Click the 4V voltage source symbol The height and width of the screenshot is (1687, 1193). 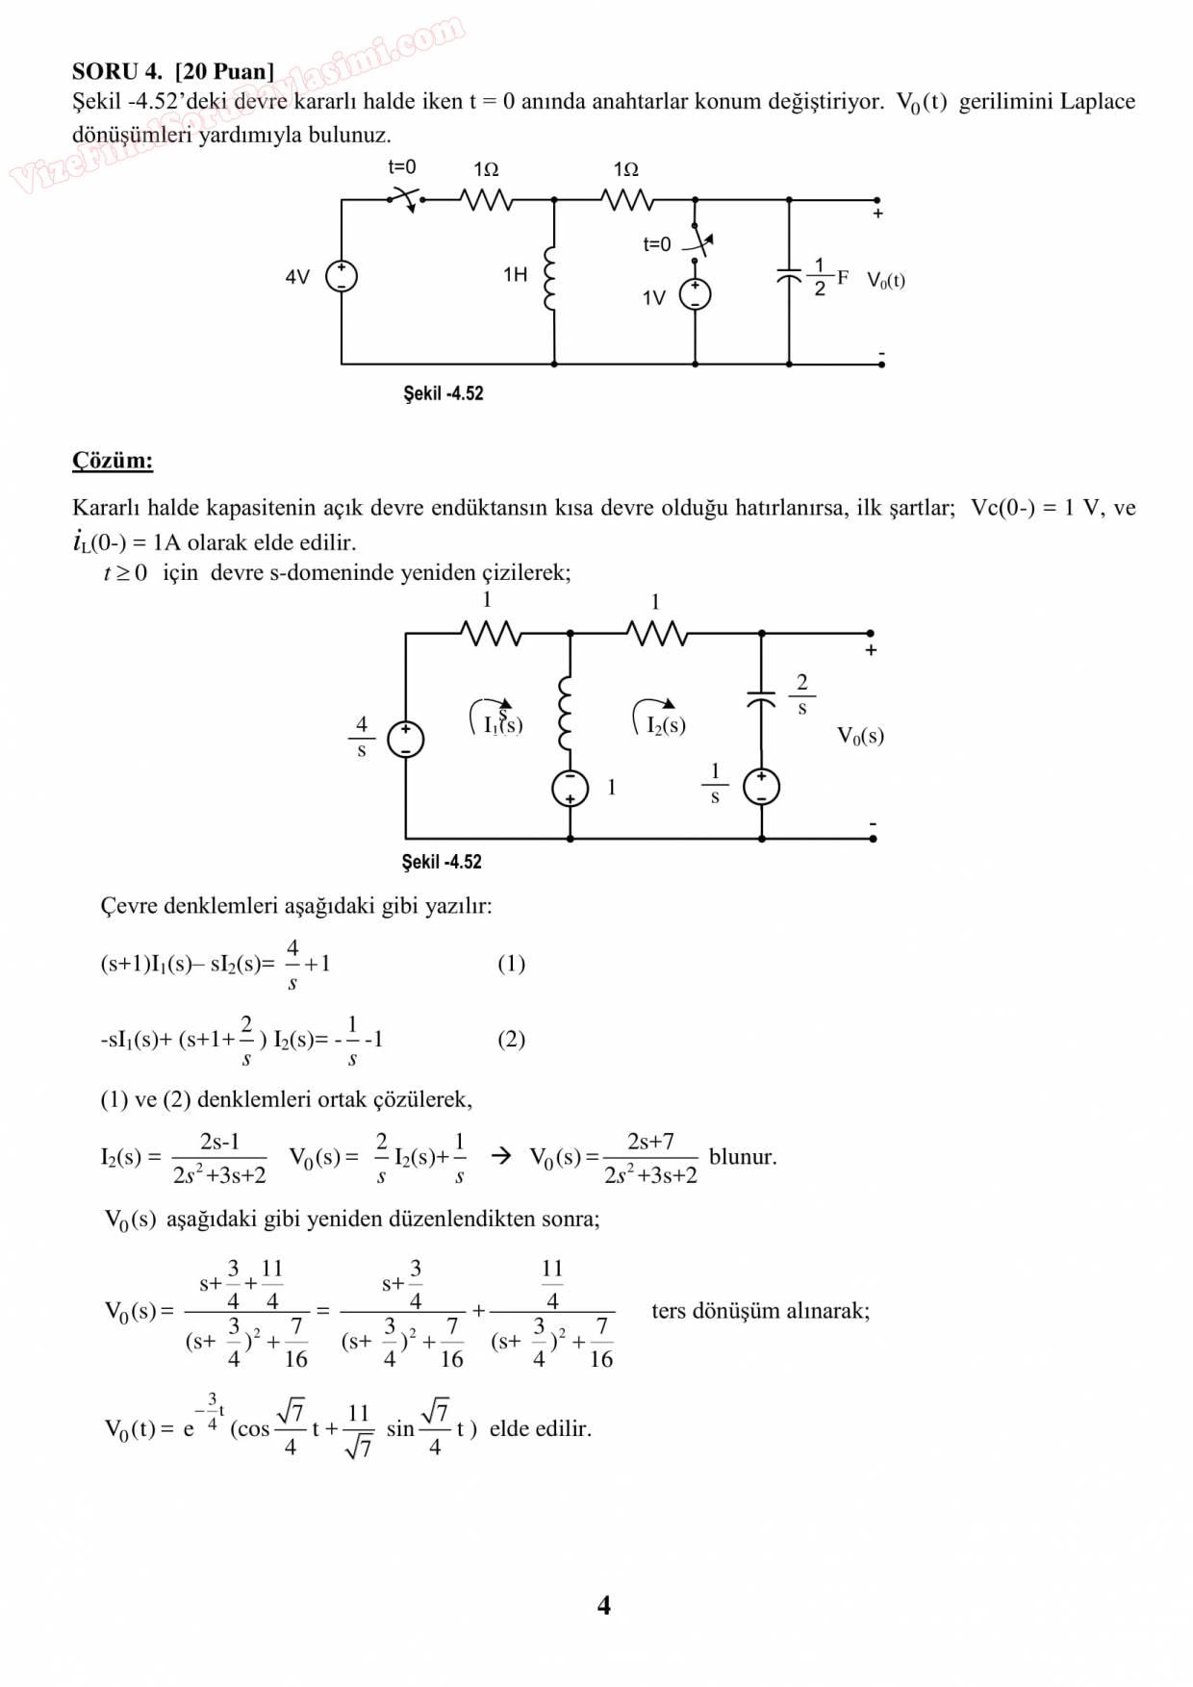point(342,277)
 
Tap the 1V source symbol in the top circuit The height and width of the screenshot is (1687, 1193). point(695,295)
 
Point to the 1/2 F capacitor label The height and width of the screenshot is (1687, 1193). point(826,277)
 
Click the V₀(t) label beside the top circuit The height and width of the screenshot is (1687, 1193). point(886,281)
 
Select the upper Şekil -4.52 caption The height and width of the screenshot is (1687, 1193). point(443,393)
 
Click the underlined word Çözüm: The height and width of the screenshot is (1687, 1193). point(113,461)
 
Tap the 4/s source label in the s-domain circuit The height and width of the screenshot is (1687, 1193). point(362,737)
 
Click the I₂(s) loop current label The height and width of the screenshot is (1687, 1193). point(666,725)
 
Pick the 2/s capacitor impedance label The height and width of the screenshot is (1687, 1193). point(801,694)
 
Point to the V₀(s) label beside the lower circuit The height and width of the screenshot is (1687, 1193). point(860,737)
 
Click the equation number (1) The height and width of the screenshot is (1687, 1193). point(511,964)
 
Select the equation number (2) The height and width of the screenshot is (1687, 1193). point(511,1039)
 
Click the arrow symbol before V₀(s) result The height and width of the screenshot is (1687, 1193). point(501,1156)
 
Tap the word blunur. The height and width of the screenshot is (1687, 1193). point(743,1157)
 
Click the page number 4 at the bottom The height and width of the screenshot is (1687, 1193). point(603,1605)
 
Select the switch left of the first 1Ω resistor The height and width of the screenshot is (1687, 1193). point(405,199)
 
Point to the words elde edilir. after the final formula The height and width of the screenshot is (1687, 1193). point(541,1429)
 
